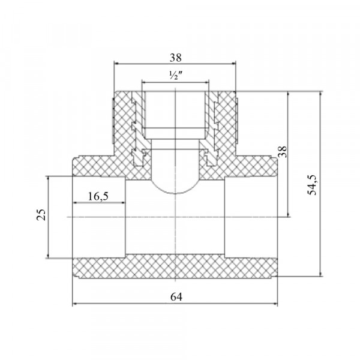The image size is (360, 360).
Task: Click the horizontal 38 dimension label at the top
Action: [x=175, y=58]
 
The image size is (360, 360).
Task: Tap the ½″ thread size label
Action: [x=176, y=75]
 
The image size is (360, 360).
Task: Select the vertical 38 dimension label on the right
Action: [x=283, y=152]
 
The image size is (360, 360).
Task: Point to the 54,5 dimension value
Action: [x=312, y=185]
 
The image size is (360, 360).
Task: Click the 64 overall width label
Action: [x=176, y=297]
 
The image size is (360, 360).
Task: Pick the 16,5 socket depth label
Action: [x=98, y=196]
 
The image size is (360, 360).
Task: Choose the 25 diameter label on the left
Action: [x=41, y=215]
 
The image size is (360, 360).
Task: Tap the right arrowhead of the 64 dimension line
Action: [x=275, y=304]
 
